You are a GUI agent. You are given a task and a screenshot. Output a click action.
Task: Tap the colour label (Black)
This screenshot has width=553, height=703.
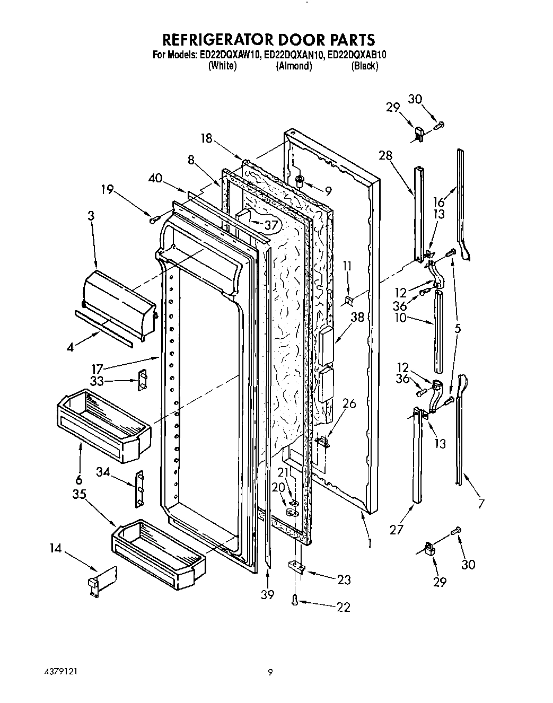tap(364, 66)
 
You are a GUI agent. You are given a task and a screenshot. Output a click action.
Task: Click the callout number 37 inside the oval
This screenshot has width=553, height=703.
tap(271, 225)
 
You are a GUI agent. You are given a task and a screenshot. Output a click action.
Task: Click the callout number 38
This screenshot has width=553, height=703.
tap(358, 318)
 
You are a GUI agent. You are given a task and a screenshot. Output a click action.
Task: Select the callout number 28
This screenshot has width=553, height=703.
tap(385, 155)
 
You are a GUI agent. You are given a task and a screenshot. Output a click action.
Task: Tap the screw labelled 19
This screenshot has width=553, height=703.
tap(154, 217)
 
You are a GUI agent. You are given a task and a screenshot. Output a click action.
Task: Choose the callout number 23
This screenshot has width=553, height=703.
tap(344, 580)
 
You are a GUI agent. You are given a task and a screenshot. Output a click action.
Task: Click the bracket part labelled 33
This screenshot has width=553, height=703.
tap(142, 380)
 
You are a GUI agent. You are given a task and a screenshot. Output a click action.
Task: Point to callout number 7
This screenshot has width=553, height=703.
tap(481, 504)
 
